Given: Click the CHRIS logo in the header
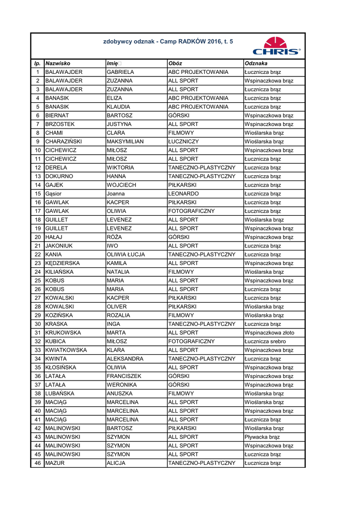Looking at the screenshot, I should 276,46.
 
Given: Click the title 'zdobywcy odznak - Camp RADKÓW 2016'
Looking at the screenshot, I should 167,42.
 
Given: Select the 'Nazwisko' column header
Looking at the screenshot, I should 58,63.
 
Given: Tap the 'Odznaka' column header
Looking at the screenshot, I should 256,63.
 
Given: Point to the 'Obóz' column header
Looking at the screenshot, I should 175,63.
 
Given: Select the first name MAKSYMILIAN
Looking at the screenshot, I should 125,141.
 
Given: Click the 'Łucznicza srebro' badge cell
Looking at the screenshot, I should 265,341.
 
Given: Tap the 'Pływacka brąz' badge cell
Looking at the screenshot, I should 262,437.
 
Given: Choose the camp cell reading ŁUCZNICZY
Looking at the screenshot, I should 183,141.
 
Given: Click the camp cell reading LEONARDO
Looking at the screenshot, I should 183,193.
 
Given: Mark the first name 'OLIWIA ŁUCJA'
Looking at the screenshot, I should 126,254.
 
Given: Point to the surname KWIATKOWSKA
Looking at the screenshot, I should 66,350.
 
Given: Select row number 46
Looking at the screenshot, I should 38,463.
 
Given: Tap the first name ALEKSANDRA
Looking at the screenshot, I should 125,359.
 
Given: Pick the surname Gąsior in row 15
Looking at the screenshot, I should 55,193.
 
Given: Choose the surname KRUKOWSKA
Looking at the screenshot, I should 63,333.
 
